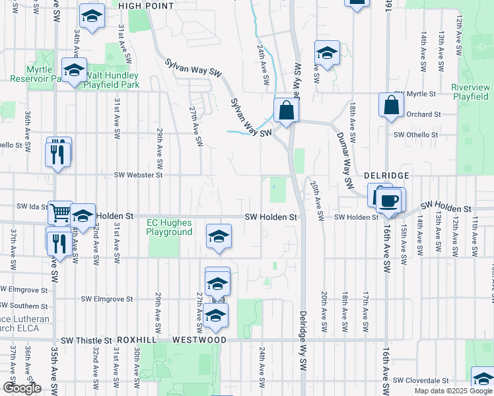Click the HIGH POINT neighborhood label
point(146,5)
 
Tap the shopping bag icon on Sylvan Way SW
point(286,110)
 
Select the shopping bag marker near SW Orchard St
point(391,104)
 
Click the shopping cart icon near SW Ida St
point(60,213)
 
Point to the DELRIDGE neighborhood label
point(387,176)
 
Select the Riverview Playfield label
point(471,92)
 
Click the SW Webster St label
point(138,175)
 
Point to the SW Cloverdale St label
point(421,381)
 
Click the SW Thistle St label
point(87,341)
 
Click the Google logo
point(22,389)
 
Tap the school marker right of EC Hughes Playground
point(218,236)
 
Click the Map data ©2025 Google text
point(452,391)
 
